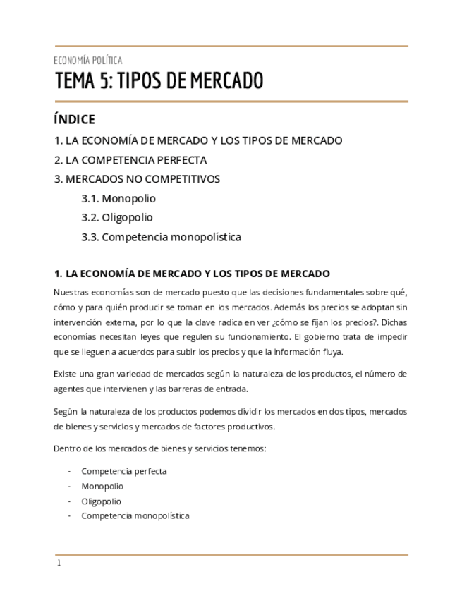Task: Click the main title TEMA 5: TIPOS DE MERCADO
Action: [x=159, y=82]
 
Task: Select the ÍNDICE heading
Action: [x=74, y=120]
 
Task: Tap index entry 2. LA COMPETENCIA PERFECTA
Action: [x=130, y=160]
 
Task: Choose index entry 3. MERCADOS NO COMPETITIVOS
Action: [x=137, y=179]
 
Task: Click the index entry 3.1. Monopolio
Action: [x=118, y=199]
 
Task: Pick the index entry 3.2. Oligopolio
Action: [x=117, y=218]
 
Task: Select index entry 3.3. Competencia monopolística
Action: [x=161, y=237]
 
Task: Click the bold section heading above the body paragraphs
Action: [x=192, y=274]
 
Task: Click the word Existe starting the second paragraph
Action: [x=66, y=374]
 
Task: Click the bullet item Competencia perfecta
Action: [x=124, y=471]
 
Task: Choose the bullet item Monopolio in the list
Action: [x=102, y=487]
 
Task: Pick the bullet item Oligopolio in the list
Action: [x=101, y=501]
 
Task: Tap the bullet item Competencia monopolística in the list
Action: [x=135, y=516]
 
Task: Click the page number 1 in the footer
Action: [x=59, y=563]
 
